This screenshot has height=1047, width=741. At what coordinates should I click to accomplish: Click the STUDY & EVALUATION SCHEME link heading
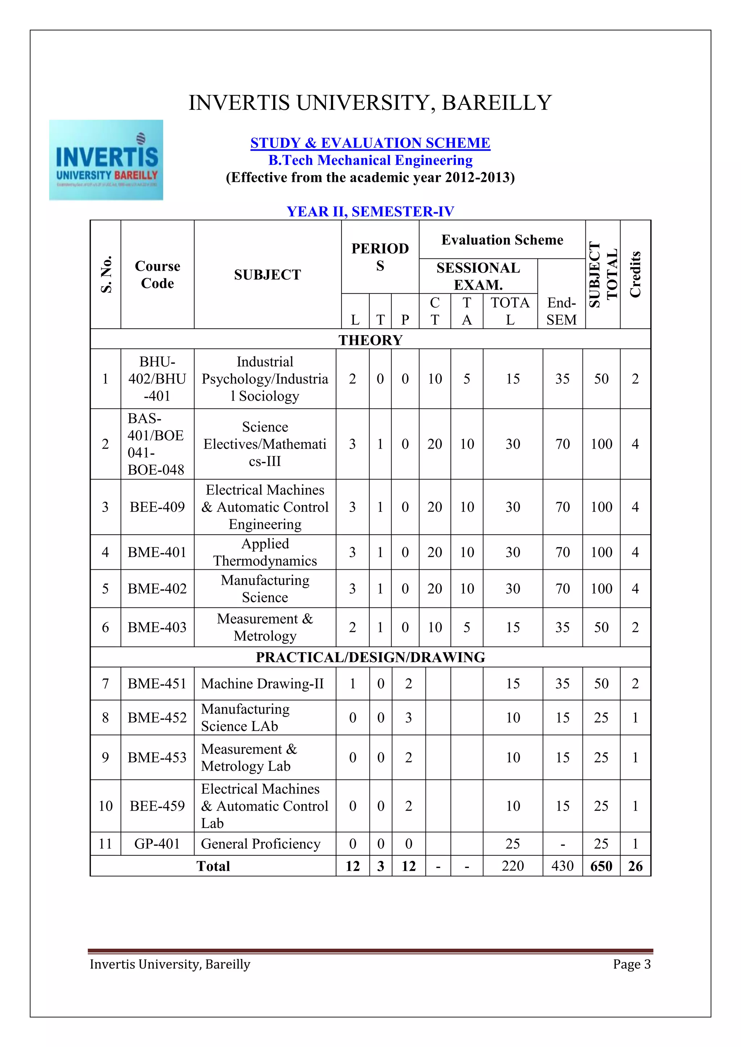pyautogui.click(x=370, y=143)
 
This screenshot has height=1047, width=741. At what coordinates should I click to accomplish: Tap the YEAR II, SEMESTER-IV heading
pyautogui.click(x=370, y=211)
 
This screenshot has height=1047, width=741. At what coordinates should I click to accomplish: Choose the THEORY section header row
pyautogui.click(x=370, y=340)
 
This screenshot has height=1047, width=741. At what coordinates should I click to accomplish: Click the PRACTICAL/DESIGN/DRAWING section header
pyautogui.click(x=370, y=657)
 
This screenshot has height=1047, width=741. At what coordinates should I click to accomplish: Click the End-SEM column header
pyautogui.click(x=561, y=311)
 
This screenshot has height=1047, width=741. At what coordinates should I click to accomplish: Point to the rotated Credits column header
pyautogui.click(x=635, y=274)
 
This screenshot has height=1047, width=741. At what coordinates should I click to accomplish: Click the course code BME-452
pyautogui.click(x=157, y=717)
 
